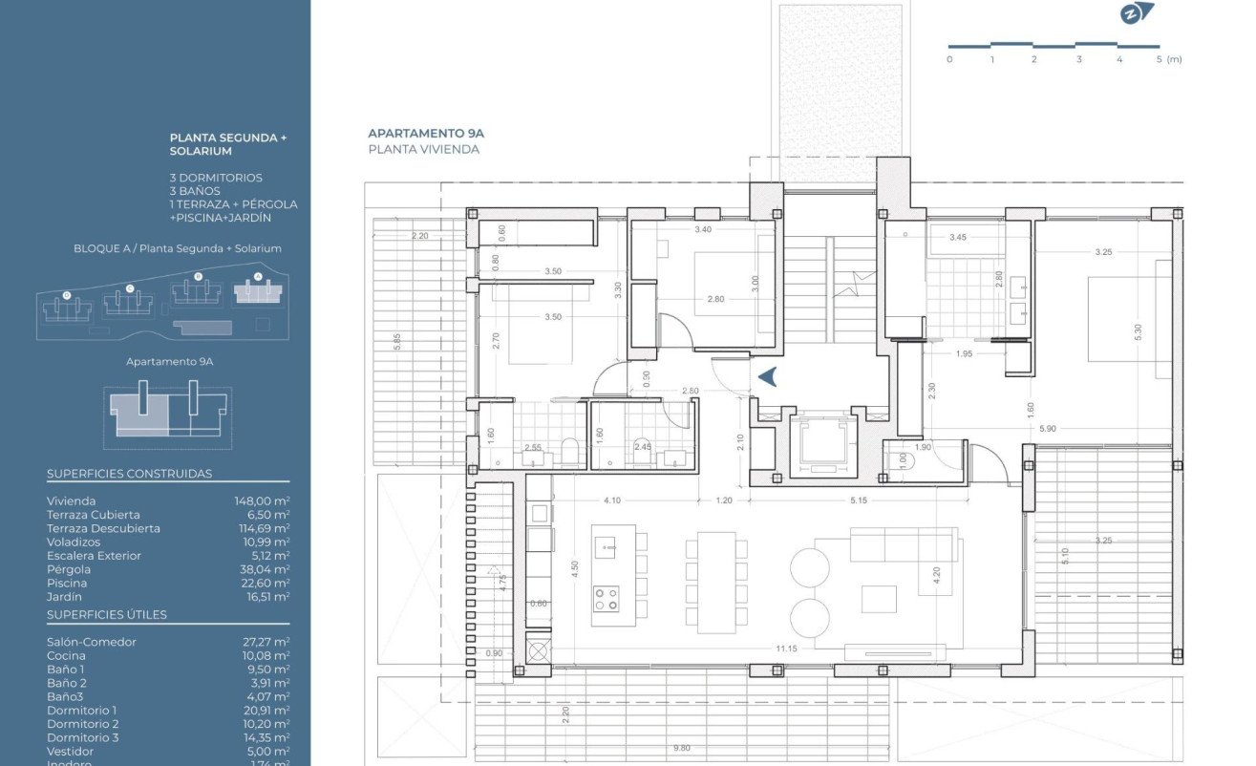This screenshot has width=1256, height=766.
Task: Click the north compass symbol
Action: point(1137,13)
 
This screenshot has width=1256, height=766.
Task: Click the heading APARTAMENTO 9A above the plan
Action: point(426,134)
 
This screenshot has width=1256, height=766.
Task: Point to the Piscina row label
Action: point(67,584)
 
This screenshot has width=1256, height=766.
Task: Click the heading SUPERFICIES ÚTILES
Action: point(107,615)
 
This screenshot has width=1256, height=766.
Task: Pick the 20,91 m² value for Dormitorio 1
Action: point(266,711)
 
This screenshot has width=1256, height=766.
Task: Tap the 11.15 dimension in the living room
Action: point(786,649)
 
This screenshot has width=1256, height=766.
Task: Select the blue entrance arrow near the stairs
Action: point(768,377)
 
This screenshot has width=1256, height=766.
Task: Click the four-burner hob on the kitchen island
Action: point(607,599)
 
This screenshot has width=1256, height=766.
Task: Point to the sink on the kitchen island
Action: point(607,546)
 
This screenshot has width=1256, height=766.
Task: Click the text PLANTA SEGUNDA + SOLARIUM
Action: point(227,144)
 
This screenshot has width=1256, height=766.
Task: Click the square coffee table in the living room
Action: point(879,599)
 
